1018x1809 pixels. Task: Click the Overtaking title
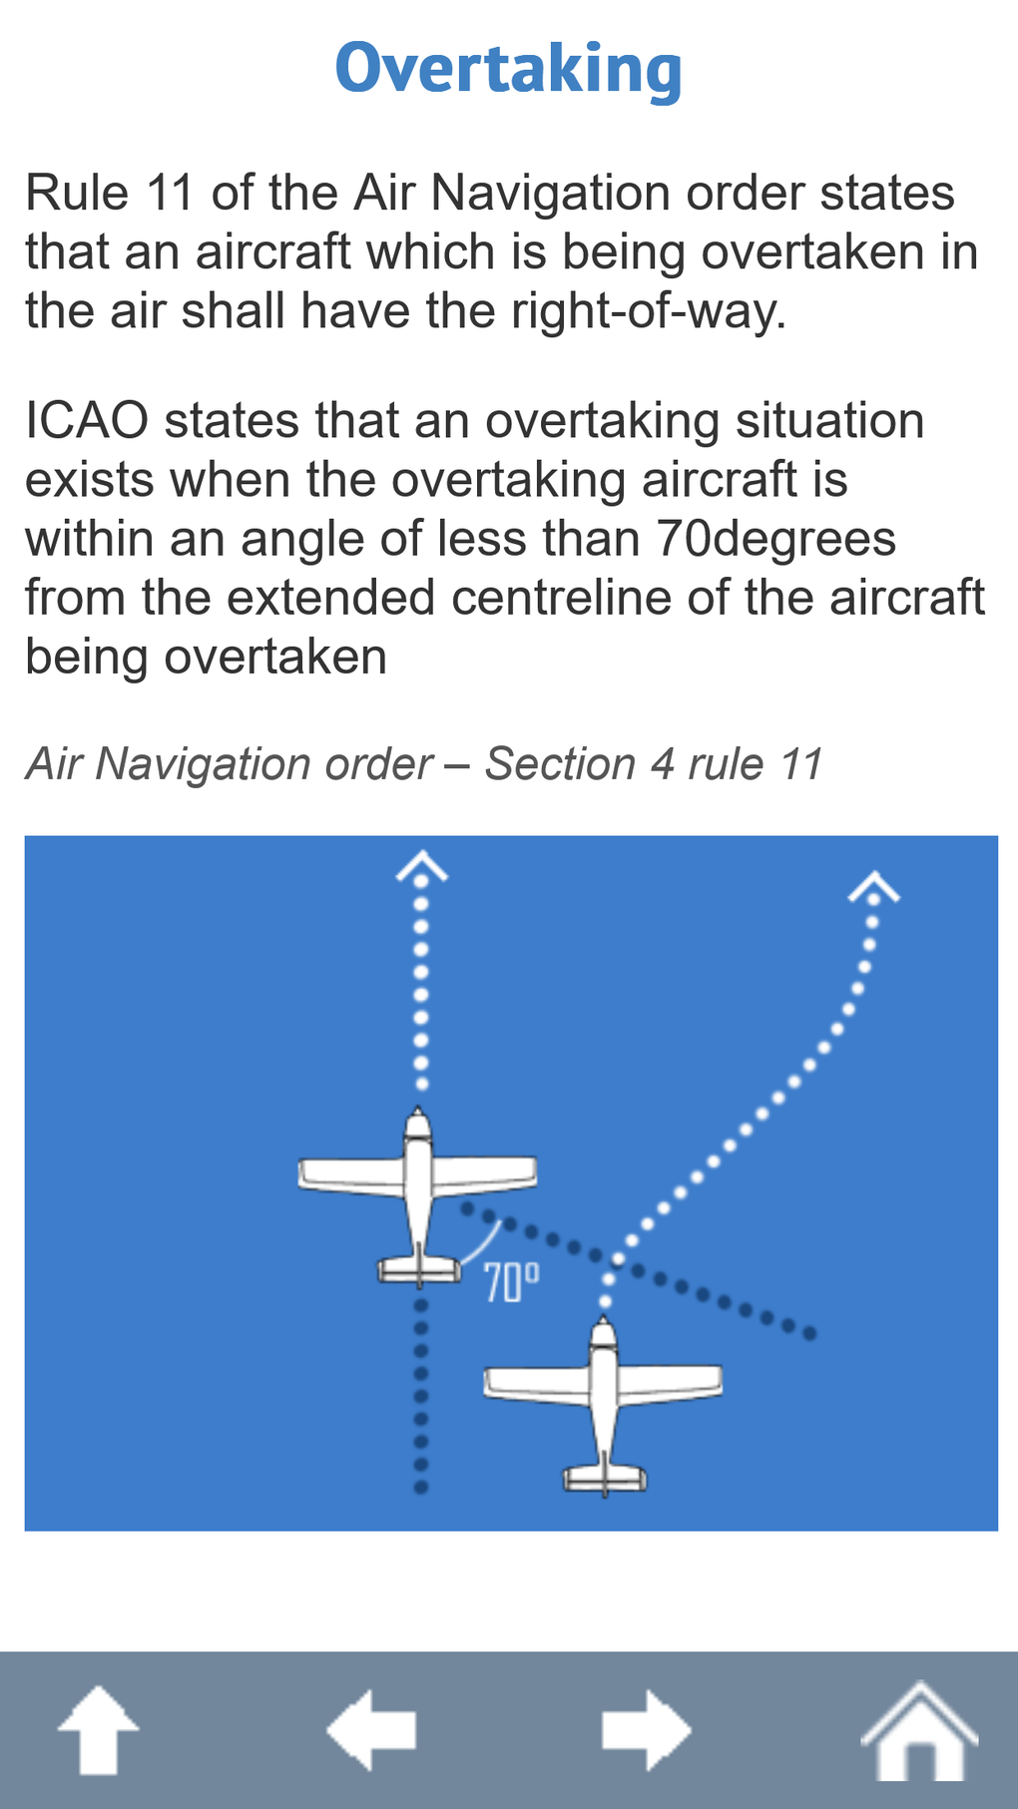508,69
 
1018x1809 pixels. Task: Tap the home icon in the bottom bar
919,1731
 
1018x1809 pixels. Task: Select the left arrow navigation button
371,1731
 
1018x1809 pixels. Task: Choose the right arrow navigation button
646,1731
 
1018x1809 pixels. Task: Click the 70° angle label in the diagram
511,1283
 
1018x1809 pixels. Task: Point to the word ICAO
87,421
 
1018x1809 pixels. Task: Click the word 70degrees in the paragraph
776,540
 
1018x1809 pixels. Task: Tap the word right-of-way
649,311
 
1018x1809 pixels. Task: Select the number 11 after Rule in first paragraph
170,193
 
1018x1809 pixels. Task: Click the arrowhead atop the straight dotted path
421,866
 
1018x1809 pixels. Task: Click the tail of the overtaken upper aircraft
419,1270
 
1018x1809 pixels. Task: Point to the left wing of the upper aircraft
349,1174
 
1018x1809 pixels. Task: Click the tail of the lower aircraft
605,1478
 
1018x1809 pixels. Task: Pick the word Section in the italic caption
560,765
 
